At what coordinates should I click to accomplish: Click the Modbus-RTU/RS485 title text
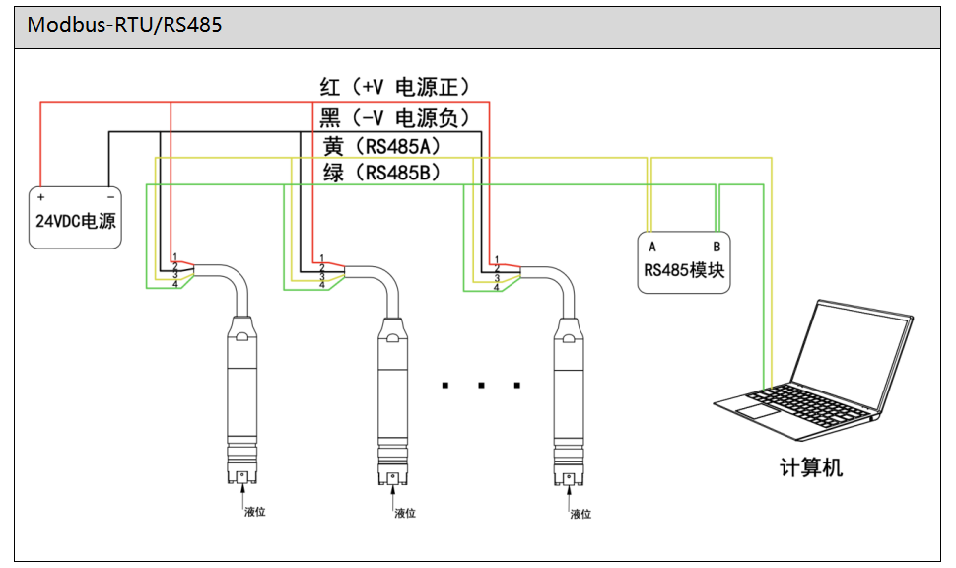point(124,26)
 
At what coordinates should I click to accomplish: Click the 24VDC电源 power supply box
point(76,218)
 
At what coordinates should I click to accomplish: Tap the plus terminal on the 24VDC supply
point(41,196)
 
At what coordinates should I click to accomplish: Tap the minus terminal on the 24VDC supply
point(110,196)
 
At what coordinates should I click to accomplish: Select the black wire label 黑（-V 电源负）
point(395,118)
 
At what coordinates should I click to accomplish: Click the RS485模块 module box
point(685,261)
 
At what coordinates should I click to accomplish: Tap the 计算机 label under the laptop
point(811,467)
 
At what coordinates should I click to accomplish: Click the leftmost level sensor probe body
point(241,394)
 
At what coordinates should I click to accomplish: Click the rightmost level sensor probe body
point(569,394)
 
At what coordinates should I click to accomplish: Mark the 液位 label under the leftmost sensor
point(255,512)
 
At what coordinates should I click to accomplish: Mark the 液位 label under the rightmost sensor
point(582,513)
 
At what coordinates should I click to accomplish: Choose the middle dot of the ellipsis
point(482,385)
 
